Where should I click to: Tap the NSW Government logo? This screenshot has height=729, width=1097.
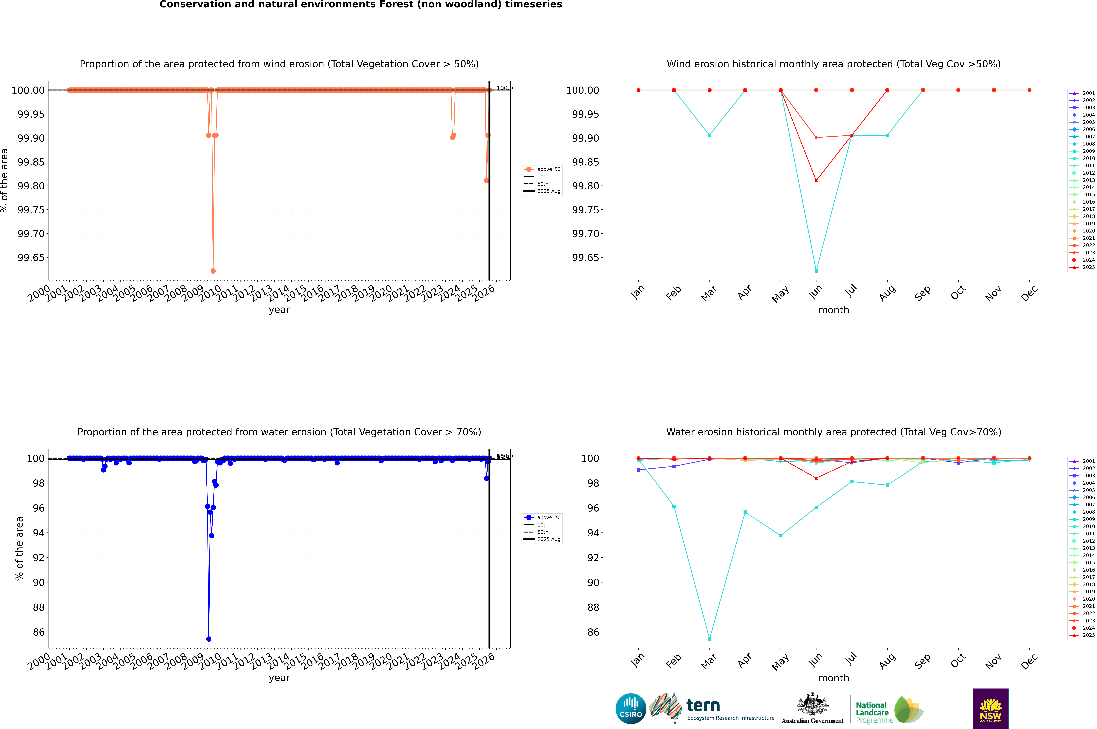(x=990, y=709)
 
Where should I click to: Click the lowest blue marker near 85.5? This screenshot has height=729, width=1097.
(x=209, y=639)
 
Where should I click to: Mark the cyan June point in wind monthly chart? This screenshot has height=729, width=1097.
(x=816, y=271)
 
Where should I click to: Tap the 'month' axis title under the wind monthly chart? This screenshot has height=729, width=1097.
(x=834, y=310)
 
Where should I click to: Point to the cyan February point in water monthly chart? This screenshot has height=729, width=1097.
(x=674, y=506)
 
